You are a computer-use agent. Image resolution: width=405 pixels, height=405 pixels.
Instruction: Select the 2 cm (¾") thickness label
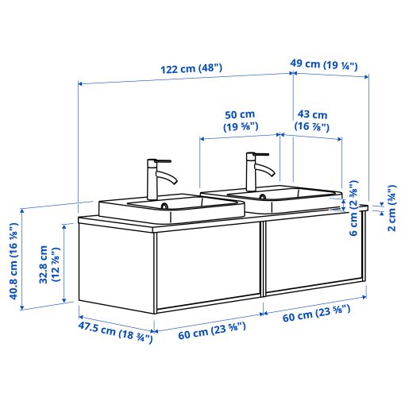(x=391, y=209)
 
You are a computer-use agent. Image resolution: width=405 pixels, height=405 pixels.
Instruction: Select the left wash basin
(x=170, y=208)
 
